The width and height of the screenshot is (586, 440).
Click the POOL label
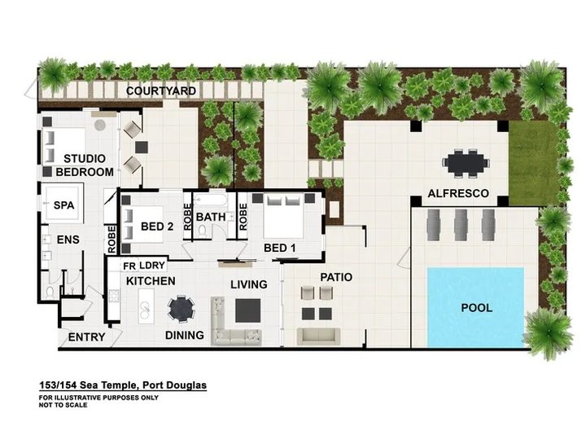pyautogui.click(x=476, y=308)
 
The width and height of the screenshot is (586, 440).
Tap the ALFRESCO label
pyautogui.click(x=458, y=193)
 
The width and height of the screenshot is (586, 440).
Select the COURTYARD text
pyautogui.click(x=160, y=91)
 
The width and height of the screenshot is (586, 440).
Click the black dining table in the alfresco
pyautogui.click(x=466, y=163)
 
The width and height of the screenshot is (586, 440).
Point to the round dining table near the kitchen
pyautogui.click(x=181, y=309)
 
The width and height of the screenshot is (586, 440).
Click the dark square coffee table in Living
pyautogui.click(x=247, y=310)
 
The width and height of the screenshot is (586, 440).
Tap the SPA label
pyautogui.click(x=63, y=205)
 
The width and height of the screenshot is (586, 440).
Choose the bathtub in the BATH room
pyautogui.click(x=210, y=200)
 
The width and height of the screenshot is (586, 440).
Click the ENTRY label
pyautogui.click(x=86, y=337)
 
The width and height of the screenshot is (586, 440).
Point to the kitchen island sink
pyautogui.click(x=145, y=307)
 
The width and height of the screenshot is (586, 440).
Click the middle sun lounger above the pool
pyautogui.click(x=461, y=225)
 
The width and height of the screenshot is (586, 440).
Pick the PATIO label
pyautogui.click(x=336, y=277)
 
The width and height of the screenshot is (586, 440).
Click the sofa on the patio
pyautogui.click(x=318, y=337)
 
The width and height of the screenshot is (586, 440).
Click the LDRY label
pyautogui.click(x=152, y=266)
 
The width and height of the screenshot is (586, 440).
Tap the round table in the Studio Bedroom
pyautogui.click(x=100, y=125)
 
